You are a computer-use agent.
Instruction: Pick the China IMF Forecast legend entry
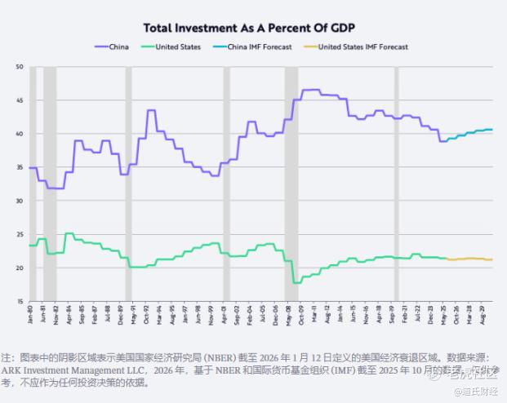[256, 47]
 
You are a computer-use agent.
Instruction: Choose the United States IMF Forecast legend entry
[362, 47]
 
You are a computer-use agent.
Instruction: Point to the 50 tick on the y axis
[20, 66]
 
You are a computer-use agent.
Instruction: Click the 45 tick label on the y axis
[20, 100]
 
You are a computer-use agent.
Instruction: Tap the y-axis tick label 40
[20, 134]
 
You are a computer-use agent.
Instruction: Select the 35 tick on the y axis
[20, 167]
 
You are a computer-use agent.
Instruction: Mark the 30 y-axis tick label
[20, 201]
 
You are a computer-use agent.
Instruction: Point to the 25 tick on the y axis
[20, 235]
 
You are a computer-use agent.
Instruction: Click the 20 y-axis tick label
[20, 268]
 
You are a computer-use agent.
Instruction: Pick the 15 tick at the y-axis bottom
[20, 302]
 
